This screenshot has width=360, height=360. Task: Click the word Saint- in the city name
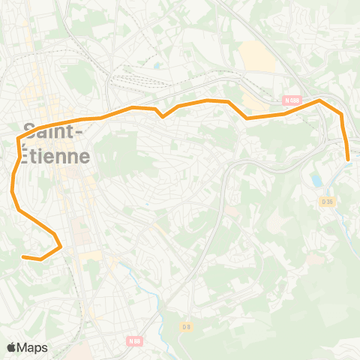(52, 130)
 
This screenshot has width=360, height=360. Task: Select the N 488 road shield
(292, 100)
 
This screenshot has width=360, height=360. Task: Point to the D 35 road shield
(327, 201)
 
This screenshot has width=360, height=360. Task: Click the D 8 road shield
(187, 327)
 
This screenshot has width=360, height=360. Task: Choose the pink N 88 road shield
(134, 341)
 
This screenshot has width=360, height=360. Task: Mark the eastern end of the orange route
(349, 158)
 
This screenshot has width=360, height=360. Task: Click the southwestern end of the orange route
(23, 257)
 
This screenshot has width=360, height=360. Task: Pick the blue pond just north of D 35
(317, 181)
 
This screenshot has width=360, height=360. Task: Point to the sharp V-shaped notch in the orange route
(162, 116)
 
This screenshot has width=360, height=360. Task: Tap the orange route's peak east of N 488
(319, 100)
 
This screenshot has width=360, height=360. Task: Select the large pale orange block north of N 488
(257, 55)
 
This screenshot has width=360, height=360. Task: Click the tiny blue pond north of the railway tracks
(157, 64)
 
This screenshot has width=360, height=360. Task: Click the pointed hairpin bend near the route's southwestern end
(59, 244)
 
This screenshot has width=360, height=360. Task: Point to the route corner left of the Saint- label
(18, 139)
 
